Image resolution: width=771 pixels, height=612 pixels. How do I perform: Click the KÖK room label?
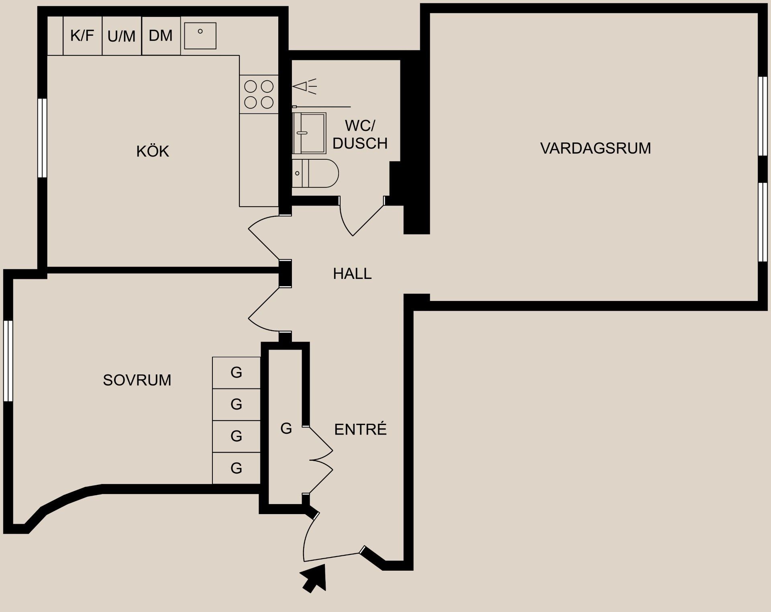(x=153, y=151)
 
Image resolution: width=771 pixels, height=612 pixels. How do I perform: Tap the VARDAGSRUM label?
(x=595, y=148)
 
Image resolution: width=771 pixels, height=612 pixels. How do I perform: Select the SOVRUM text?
(x=137, y=380)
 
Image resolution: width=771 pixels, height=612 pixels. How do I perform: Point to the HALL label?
(x=352, y=274)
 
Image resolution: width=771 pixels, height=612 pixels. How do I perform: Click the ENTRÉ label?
(x=360, y=429)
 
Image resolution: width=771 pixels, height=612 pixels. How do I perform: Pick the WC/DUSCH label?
(x=360, y=134)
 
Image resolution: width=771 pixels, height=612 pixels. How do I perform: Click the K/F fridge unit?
(x=82, y=36)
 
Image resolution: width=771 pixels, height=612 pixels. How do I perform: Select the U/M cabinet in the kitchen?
(x=121, y=36)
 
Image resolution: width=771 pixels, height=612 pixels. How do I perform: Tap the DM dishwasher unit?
(x=161, y=36)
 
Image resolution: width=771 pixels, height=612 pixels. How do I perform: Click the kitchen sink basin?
(x=200, y=36)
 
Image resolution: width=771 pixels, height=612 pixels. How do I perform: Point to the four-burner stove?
(x=259, y=94)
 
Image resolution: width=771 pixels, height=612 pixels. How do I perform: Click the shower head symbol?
(x=304, y=86)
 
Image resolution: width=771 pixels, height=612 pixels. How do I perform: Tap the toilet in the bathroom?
(x=315, y=173)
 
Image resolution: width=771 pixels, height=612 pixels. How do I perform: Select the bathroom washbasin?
(x=309, y=133)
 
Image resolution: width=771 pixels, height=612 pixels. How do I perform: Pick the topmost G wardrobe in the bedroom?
(x=236, y=373)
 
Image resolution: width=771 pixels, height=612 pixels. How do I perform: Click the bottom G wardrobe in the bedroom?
(x=236, y=468)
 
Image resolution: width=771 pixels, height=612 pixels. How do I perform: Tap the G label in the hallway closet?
(x=286, y=429)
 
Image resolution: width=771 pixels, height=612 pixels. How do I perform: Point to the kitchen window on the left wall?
(x=42, y=138)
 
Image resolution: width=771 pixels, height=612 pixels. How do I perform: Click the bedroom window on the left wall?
(x=8, y=361)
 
